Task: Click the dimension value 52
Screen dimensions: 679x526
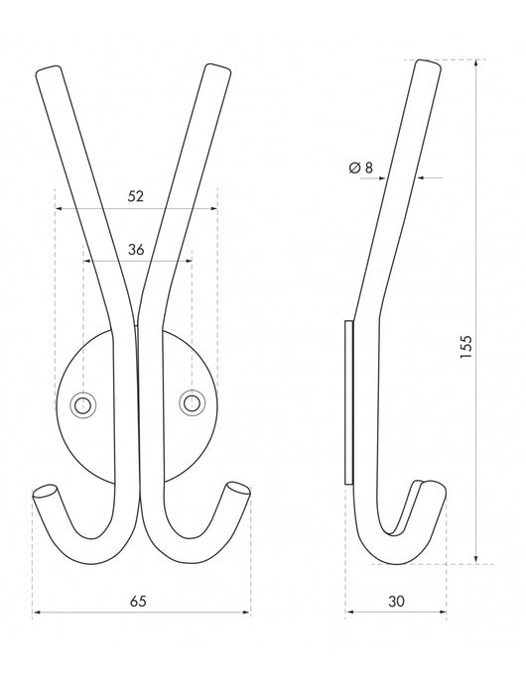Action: (x=136, y=196)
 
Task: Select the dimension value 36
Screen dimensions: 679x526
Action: (x=136, y=251)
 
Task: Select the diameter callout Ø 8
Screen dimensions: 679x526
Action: (x=362, y=168)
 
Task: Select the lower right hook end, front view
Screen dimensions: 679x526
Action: (x=236, y=489)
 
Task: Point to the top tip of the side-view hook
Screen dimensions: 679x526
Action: (x=428, y=65)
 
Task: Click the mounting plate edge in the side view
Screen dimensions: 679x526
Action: (x=347, y=401)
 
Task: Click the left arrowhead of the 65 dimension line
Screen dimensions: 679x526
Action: (x=37, y=614)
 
